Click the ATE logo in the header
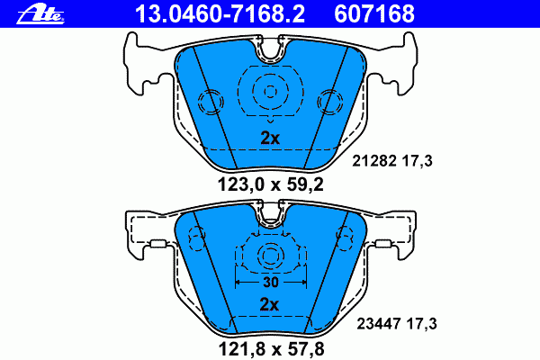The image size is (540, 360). point(40,14)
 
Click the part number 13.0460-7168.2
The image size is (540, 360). point(220,13)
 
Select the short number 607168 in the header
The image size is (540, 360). point(374,13)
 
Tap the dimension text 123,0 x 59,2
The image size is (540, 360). point(271,185)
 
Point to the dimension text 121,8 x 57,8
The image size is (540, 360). point(272,349)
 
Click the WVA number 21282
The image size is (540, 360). point(374,161)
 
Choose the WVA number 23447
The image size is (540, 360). point(379,324)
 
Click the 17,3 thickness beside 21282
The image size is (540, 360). point(417,161)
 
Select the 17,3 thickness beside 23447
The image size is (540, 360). point(421,324)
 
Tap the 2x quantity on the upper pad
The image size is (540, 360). point(270,138)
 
